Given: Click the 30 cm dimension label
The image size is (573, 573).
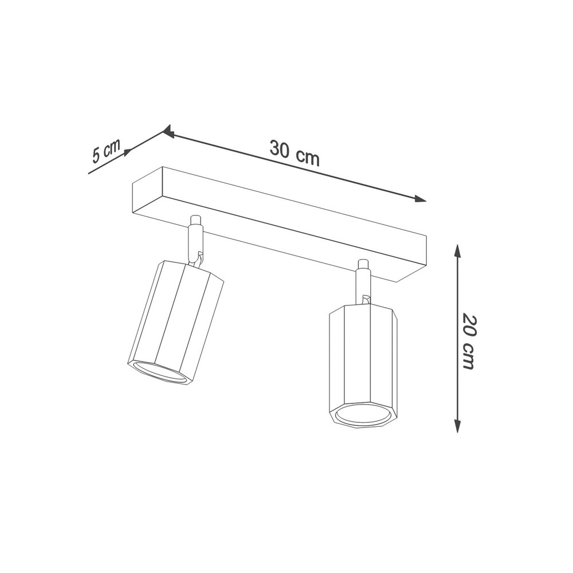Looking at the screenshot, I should (x=295, y=152).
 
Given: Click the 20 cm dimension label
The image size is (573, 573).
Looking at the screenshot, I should (x=469, y=341).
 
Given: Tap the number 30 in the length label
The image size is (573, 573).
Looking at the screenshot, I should (x=280, y=148).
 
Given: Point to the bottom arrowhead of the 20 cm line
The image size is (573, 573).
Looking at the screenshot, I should (x=457, y=426).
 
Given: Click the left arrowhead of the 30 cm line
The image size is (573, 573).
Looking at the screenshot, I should (x=168, y=131).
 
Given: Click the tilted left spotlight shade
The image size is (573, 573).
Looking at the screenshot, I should (x=175, y=321).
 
